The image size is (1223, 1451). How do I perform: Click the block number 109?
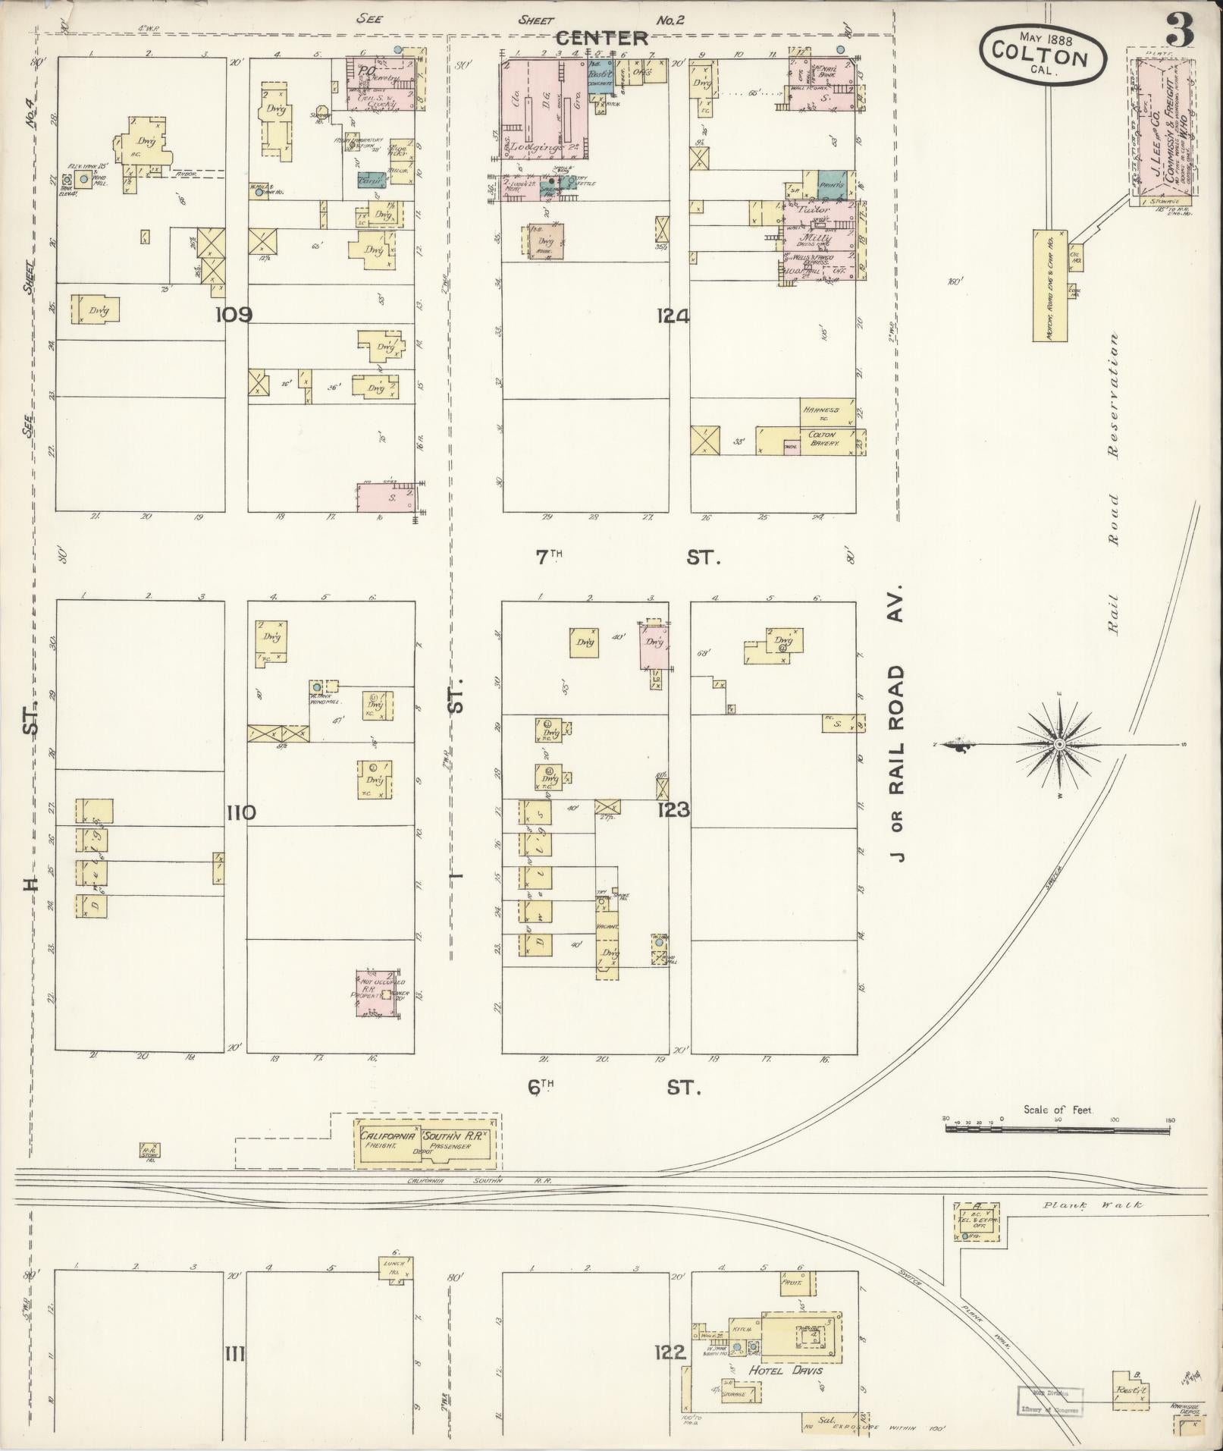[234, 315]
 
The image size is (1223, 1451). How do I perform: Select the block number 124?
[673, 316]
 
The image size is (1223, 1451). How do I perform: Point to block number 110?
[241, 813]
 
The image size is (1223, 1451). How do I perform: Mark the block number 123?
[673, 810]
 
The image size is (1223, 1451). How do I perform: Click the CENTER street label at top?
[602, 38]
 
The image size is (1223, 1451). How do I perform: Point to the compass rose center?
[1060, 746]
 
